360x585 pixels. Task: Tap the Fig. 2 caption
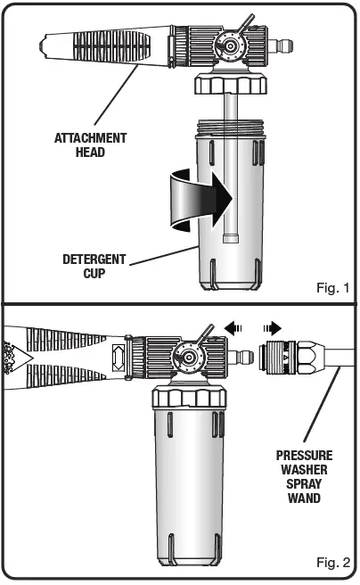331,563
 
